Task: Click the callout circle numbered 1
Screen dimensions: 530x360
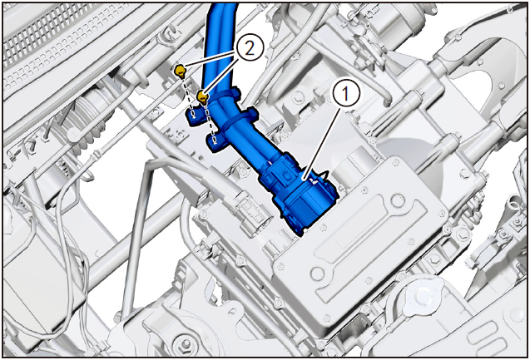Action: pos(346,94)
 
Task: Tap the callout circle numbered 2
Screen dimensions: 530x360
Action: pos(250,49)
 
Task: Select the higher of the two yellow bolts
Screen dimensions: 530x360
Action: pos(180,72)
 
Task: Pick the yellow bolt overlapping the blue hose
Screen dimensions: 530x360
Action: pos(202,97)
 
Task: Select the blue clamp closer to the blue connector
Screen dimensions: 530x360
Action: pos(239,119)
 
